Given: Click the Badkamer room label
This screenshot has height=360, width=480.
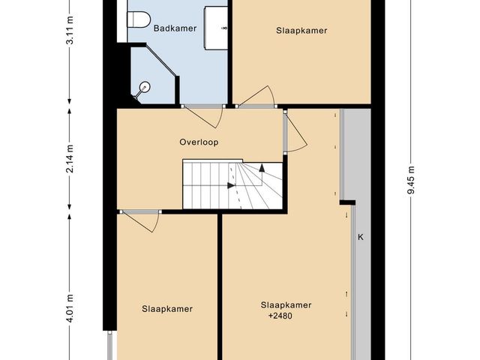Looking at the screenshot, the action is [175, 28].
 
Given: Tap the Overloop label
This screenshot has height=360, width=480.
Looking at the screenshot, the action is [199, 142].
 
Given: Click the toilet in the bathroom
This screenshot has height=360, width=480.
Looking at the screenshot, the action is [138, 20].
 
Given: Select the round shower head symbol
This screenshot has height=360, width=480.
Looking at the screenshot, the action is [145, 87].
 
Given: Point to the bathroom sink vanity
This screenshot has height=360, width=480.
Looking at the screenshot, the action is [216, 28].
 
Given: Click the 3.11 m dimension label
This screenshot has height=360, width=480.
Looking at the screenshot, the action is [70, 29].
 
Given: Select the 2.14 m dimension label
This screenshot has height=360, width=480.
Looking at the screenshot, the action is [70, 158].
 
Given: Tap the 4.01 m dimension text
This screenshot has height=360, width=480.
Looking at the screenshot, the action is [70, 308].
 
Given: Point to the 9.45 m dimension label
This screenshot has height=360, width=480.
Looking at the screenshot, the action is [411, 180].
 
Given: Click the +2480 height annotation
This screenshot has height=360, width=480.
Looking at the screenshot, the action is [280, 316].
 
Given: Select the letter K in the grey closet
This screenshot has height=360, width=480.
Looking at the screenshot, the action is [361, 237].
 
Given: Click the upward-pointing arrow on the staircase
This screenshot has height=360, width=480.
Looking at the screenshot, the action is [262, 168].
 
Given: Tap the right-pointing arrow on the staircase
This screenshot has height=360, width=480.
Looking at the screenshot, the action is [231, 185].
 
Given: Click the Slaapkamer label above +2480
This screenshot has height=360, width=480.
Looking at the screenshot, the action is [286, 305].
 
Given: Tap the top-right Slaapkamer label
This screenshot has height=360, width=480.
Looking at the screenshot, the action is [301, 31].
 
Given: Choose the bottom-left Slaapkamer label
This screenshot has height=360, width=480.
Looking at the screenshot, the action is [167, 309].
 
